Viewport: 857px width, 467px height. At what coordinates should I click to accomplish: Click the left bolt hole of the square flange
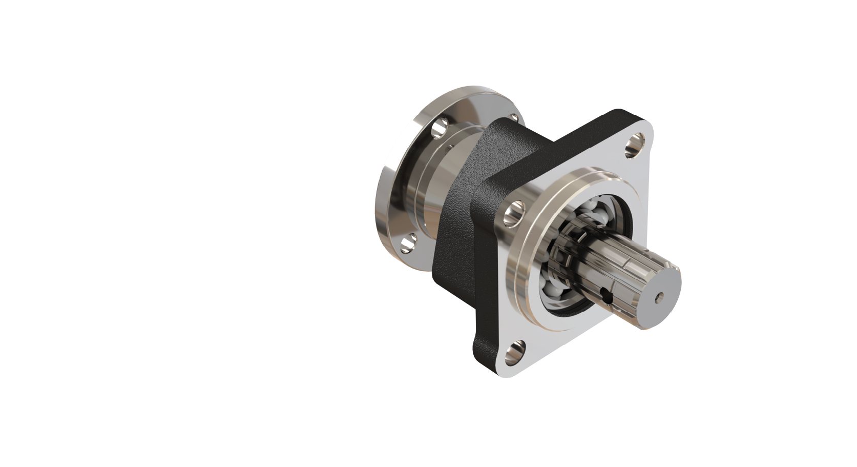tap(514, 214)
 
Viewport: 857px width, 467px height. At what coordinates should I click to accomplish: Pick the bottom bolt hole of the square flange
tap(514, 354)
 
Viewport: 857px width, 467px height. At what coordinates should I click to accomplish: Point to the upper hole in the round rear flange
tap(438, 128)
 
